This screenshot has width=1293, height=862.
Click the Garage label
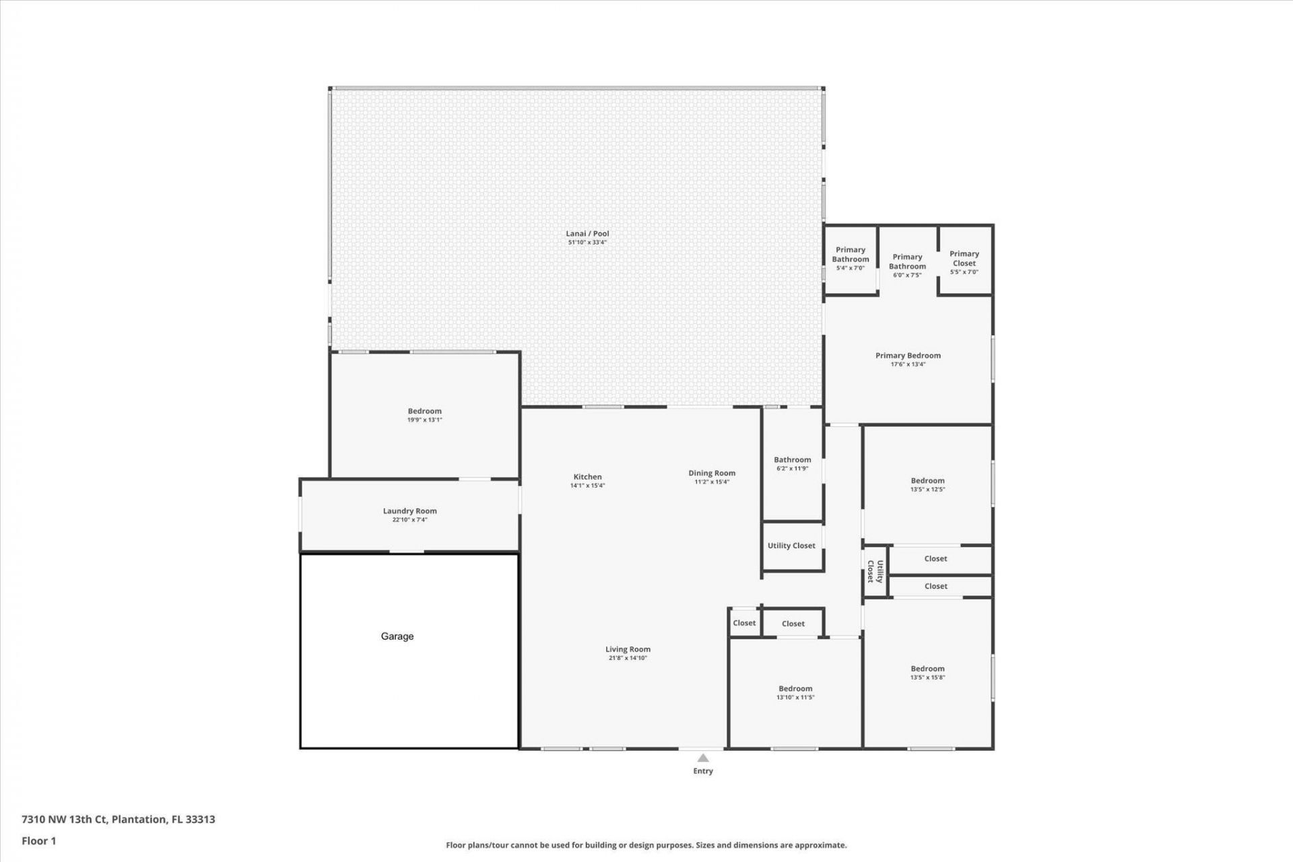[397, 636]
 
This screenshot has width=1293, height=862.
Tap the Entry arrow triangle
[702, 758]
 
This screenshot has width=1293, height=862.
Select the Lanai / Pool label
[587, 234]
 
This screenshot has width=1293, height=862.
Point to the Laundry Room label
[409, 511]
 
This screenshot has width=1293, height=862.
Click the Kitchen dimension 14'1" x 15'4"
[587, 486]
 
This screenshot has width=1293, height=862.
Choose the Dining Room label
[711, 473]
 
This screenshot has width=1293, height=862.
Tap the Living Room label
[628, 650]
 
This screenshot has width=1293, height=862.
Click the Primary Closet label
[964, 259]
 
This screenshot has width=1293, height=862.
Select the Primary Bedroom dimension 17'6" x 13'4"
[908, 364]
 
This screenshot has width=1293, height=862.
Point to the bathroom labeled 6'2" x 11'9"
[792, 463]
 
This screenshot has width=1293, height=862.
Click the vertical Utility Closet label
[875, 571]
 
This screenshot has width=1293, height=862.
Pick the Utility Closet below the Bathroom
[791, 545]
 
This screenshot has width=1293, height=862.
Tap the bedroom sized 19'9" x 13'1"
[424, 415]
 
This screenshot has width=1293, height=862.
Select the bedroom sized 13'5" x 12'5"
[927, 484]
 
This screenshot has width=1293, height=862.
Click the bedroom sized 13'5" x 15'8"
[927, 672]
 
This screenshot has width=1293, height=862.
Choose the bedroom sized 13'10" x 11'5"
[795, 692]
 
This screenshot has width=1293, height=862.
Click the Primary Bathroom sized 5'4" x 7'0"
[850, 258]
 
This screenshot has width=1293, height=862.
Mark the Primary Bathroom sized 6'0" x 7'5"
[907, 265]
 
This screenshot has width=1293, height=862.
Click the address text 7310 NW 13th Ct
[65, 820]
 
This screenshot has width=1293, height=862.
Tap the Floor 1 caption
[39, 841]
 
